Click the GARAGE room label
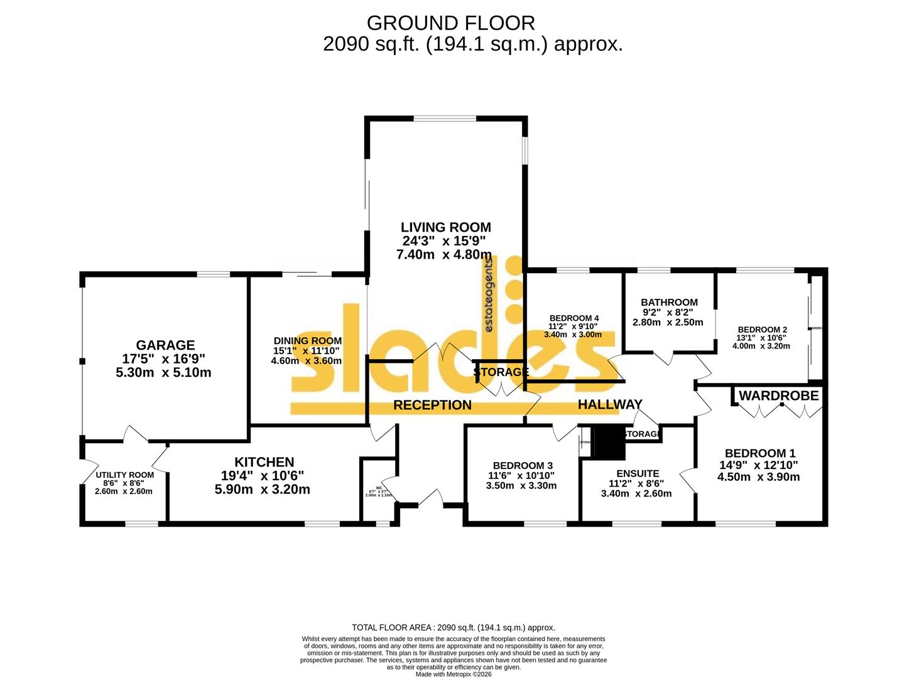click(x=165, y=345)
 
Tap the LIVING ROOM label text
click(x=446, y=227)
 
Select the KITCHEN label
click(x=264, y=462)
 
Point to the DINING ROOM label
click(x=308, y=341)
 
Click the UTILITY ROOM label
click(x=124, y=475)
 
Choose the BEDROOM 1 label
click(x=760, y=453)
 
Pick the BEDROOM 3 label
click(x=523, y=465)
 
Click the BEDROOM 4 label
click(x=573, y=318)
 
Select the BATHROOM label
click(x=669, y=303)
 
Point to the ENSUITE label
click(x=638, y=473)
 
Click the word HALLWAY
click(x=610, y=405)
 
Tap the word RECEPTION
click(x=432, y=406)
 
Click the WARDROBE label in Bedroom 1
click(x=778, y=395)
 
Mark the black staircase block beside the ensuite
click(x=608, y=443)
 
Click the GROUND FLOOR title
click(x=450, y=23)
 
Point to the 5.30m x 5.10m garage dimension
click(x=163, y=372)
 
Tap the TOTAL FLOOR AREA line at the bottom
click(x=453, y=627)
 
